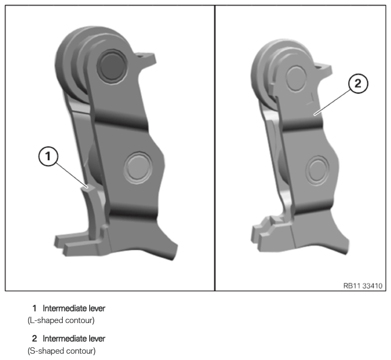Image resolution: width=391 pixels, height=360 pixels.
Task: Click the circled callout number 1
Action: click(48, 156)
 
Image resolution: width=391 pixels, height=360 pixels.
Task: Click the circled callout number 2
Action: click(358, 83)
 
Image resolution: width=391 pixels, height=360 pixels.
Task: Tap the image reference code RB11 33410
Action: click(363, 286)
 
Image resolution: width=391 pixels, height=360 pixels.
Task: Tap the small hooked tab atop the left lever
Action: click(146, 58)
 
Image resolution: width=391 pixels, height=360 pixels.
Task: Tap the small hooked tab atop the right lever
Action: click(323, 69)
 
